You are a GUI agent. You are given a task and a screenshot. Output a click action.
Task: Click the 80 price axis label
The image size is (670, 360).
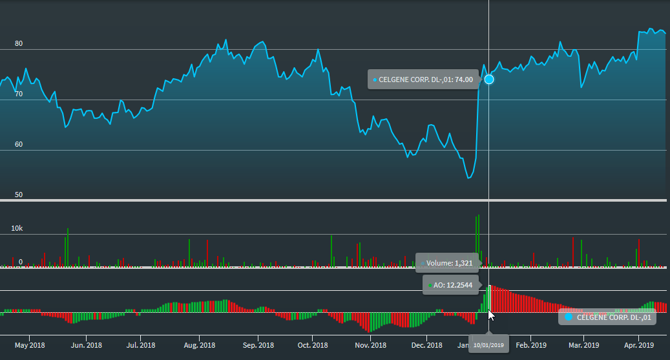tap(19, 44)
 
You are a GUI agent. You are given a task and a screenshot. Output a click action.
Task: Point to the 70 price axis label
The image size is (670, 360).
tap(19, 94)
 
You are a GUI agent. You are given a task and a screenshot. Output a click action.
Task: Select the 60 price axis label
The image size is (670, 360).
tap(19, 145)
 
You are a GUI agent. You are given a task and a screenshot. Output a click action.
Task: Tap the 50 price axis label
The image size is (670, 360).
tap(19, 195)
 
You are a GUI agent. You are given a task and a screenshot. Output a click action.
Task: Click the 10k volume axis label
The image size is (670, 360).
tap(16, 229)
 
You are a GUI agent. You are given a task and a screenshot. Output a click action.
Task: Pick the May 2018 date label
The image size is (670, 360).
tap(30, 345)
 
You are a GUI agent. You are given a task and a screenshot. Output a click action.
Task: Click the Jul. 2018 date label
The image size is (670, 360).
tap(140, 345)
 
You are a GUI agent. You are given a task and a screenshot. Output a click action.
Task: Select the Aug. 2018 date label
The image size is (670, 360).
tap(199, 345)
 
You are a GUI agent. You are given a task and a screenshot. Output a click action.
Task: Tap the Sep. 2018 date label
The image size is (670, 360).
tap(257, 345)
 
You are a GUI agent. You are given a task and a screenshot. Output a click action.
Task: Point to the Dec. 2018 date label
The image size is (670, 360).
tap(427, 345)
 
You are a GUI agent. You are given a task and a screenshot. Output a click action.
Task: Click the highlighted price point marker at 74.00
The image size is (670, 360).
tap(489, 79)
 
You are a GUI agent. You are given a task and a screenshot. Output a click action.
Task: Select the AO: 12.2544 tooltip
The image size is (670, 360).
tap(451, 285)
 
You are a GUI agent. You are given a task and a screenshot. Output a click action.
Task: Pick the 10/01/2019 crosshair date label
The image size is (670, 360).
tap(488, 345)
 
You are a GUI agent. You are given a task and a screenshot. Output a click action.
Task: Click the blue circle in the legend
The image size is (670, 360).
tap(569, 317)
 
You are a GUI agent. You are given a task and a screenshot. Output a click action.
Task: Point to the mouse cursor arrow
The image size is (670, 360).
tap(490, 315)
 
